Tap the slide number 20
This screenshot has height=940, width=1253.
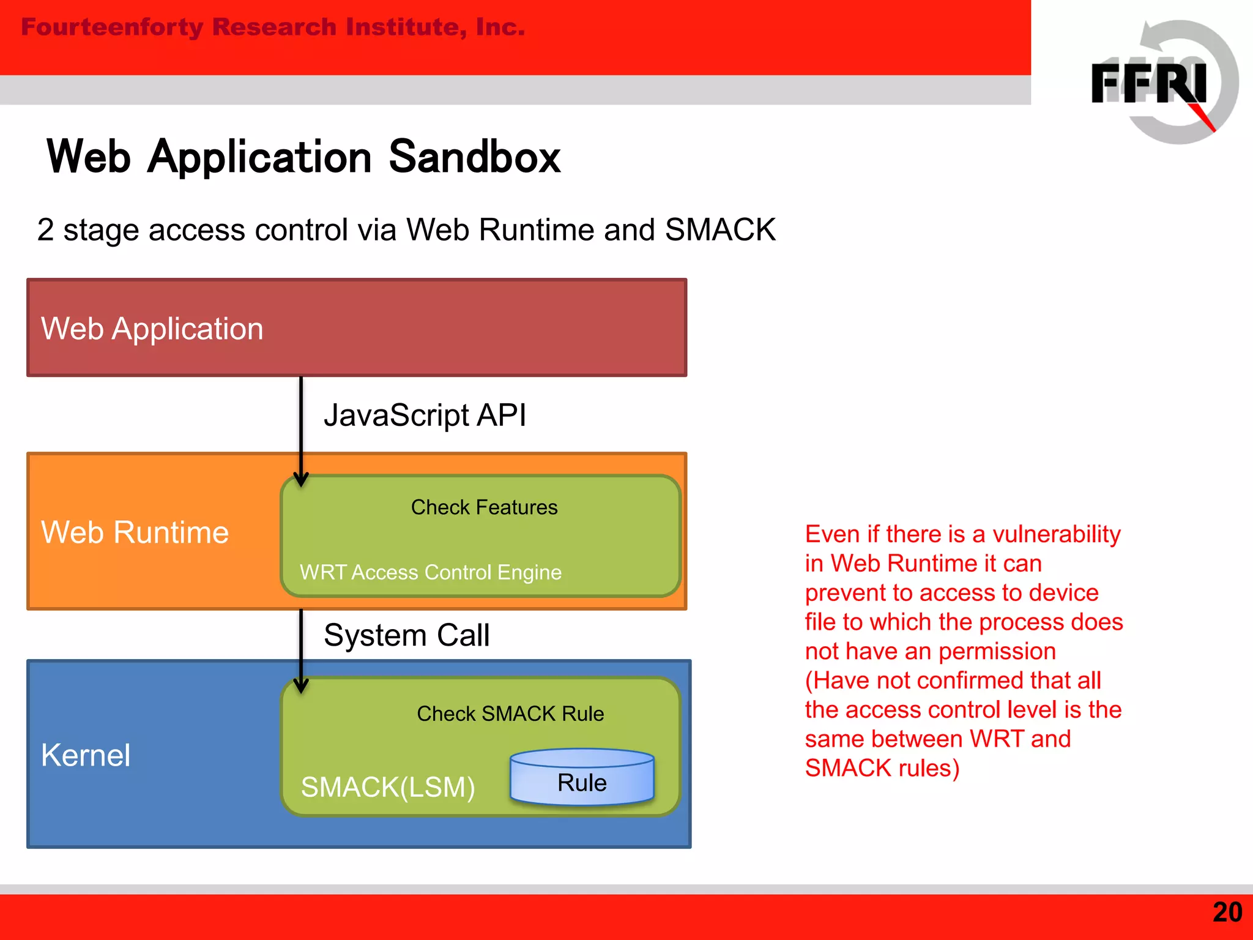[x=1227, y=912]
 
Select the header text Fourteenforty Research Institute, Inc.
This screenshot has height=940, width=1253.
[x=273, y=28]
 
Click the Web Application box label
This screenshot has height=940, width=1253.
[x=152, y=329]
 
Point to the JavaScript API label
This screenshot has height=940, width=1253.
[x=425, y=416]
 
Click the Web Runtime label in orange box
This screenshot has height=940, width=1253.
[x=135, y=532]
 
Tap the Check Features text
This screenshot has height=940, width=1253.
[x=484, y=507]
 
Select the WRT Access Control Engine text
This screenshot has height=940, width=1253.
[x=431, y=572]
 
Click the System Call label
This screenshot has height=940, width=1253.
[x=406, y=635]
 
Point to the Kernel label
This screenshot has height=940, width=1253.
[x=86, y=755]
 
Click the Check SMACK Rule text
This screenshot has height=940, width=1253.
[x=510, y=714]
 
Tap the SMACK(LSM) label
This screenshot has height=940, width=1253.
[x=388, y=787]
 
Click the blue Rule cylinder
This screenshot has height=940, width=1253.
[x=582, y=778]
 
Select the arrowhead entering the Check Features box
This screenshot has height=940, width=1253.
[x=300, y=480]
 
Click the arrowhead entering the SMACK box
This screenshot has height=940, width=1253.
[x=300, y=687]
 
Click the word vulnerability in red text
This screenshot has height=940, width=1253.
[x=1056, y=534]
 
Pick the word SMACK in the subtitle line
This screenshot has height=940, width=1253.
[x=720, y=230]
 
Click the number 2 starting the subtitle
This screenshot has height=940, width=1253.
[x=45, y=230]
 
